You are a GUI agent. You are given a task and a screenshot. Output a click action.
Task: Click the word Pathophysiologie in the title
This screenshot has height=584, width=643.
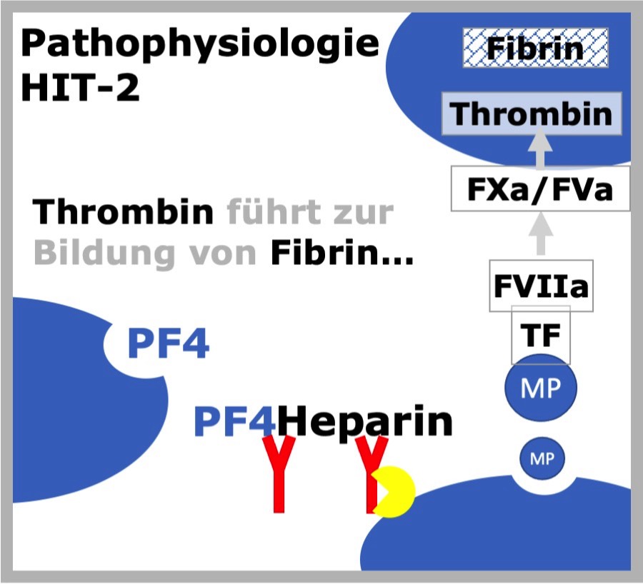pos(200,45)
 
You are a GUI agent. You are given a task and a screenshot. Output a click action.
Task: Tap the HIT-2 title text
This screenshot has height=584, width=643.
pos(80,87)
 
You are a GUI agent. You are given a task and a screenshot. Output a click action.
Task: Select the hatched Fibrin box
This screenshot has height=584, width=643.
pos(535,48)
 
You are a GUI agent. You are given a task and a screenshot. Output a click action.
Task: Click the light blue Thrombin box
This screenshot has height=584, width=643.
pos(532,114)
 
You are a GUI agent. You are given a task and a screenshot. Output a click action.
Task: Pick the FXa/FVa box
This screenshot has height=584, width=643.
pos(540,188)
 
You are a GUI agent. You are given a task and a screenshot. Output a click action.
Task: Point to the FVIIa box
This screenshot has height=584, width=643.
pos(542,286)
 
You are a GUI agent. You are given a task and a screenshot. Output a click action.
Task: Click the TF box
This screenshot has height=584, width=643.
pos(541,335)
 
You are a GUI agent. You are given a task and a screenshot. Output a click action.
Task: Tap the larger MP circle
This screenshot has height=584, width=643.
pos(541,388)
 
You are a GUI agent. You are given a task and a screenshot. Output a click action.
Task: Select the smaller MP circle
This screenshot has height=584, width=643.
pos(542,458)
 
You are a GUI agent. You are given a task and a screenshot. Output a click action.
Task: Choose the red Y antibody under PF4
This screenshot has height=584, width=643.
pos(279,474)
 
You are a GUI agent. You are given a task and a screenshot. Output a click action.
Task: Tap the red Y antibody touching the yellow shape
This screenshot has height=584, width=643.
pos(371,474)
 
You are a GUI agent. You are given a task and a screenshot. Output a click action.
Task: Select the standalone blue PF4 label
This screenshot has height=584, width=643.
pos(169,343)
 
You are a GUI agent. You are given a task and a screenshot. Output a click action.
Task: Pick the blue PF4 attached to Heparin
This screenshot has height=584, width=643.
pos(235,421)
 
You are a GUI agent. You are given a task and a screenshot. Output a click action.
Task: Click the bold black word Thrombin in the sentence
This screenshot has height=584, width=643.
pos(123,211)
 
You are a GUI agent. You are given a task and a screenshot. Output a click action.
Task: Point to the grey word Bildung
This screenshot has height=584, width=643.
pos(104,253)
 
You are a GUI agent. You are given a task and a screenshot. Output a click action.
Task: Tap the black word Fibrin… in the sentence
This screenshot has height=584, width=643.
pos(342,253)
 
